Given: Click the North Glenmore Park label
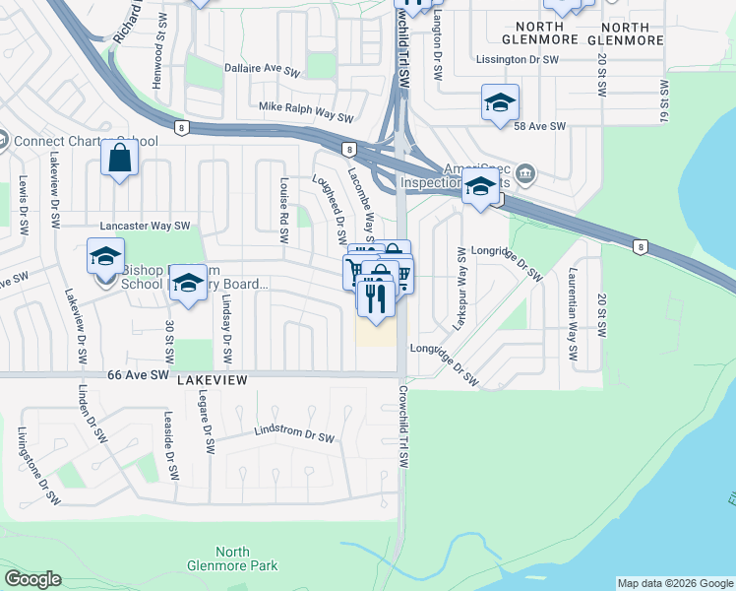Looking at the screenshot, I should (232, 558).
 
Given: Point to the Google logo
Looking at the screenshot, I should (32, 579).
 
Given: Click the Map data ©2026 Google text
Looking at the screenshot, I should (675, 583).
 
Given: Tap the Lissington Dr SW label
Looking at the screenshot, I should (519, 60).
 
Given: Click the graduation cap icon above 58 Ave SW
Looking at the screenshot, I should (500, 101).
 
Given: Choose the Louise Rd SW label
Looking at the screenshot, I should (283, 211).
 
